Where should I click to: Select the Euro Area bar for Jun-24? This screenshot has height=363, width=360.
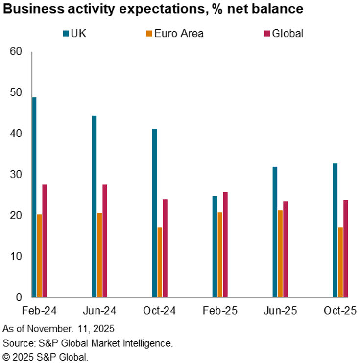pyautogui.click(x=99, y=255)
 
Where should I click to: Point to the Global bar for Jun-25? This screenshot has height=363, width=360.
pyautogui.click(x=285, y=249)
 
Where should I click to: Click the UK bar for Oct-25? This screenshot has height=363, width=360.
pyautogui.click(x=335, y=230)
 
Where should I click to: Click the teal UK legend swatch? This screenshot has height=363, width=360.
pyautogui.click(x=66, y=34)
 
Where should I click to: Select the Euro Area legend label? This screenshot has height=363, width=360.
pyautogui.click(x=179, y=34)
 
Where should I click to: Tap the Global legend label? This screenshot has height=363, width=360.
pyautogui.click(x=288, y=34)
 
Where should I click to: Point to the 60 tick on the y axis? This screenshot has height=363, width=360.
pyautogui.click(x=16, y=51)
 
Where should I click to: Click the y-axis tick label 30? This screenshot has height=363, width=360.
pyautogui.click(x=16, y=175)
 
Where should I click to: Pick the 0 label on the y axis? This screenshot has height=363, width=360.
pyautogui.click(x=19, y=297)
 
